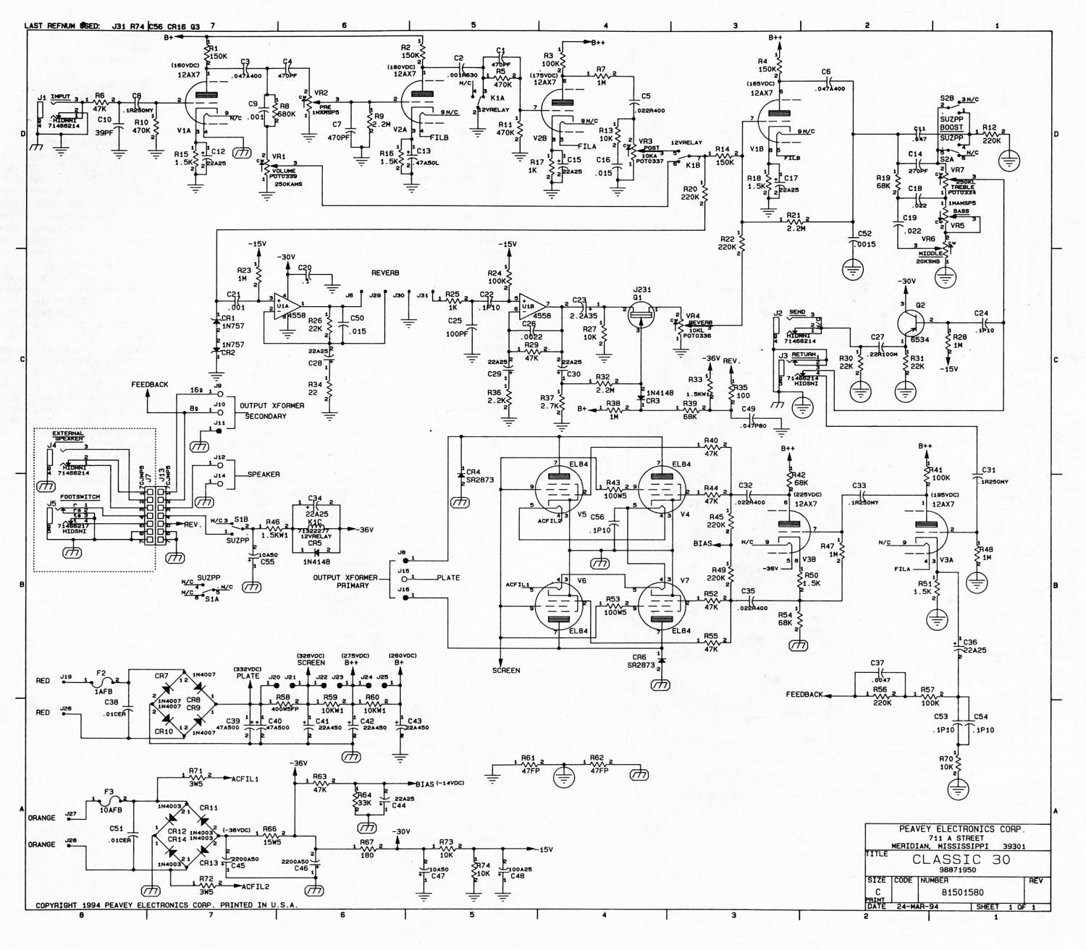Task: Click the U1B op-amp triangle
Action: click(x=532, y=306)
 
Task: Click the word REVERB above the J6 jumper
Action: click(x=385, y=273)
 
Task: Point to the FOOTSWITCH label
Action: click(x=80, y=497)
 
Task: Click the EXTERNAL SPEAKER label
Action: click(x=68, y=436)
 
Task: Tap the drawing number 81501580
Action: click(x=962, y=892)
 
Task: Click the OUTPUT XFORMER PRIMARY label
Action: click(x=345, y=582)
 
